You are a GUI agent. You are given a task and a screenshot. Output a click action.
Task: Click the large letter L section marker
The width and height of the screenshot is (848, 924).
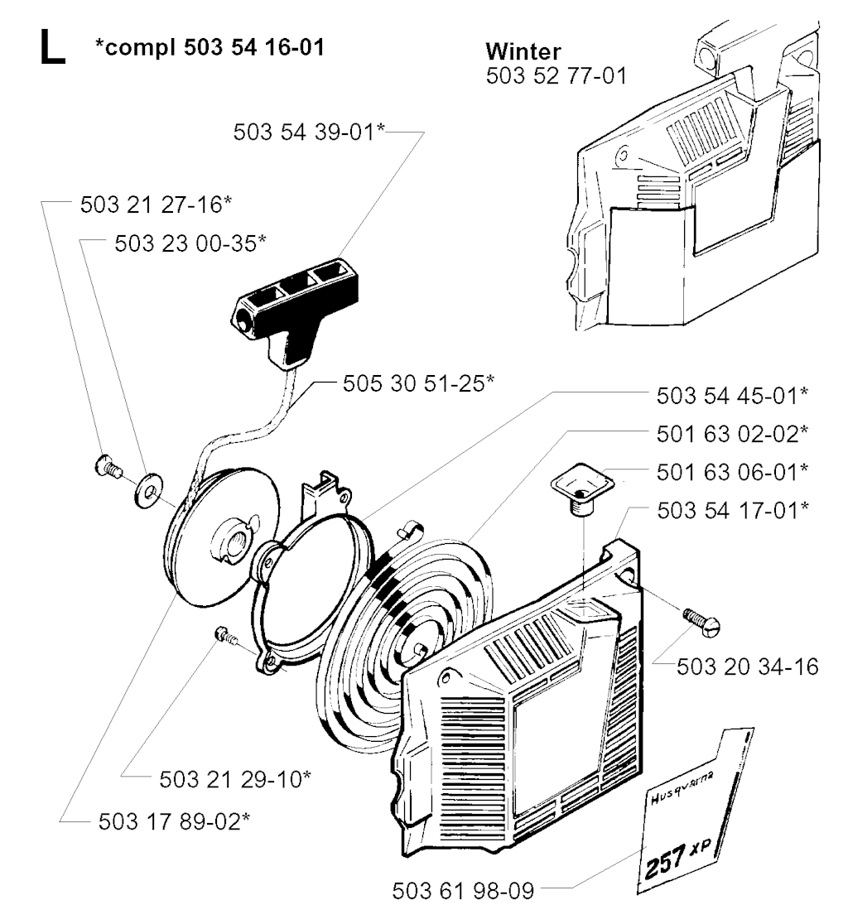pos(52,47)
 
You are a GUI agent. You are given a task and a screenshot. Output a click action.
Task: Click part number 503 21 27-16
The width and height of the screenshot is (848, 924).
pos(157,205)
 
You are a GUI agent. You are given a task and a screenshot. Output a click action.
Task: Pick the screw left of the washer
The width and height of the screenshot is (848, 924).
pos(107,467)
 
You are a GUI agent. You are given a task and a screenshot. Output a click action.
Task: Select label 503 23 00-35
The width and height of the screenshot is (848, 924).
pos(190,243)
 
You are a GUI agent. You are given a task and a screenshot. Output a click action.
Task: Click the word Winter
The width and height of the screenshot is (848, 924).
pos(523,51)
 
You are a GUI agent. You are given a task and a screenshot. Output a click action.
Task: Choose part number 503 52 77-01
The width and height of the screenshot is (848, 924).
pos(556,76)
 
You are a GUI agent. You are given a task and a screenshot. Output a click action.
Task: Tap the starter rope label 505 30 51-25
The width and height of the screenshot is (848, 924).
pos(418,383)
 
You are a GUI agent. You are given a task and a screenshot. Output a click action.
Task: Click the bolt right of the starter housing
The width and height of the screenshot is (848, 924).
pos(701,623)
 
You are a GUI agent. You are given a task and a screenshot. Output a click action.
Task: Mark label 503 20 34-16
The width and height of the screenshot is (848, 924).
pos(747,667)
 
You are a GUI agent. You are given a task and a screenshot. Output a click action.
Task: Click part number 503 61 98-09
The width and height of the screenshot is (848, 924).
pos(463,890)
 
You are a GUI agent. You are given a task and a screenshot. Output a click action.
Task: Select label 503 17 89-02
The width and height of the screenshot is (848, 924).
pos(174,821)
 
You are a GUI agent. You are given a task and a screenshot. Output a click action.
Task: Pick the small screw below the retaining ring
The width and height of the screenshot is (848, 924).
pos(225,636)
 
